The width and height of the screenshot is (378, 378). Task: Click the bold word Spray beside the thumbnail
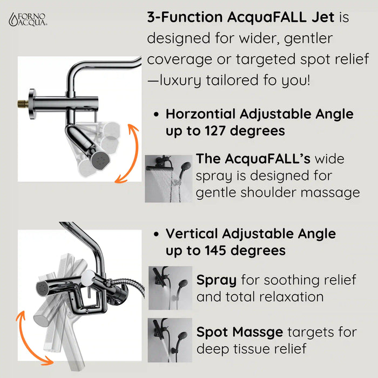(x=216, y=280)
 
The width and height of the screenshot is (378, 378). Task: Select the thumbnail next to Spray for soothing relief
(x=171, y=288)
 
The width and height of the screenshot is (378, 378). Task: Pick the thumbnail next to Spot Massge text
(x=171, y=340)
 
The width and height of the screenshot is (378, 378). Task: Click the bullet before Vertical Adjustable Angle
(x=156, y=235)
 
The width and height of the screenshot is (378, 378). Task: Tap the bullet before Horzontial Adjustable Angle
(x=156, y=115)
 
